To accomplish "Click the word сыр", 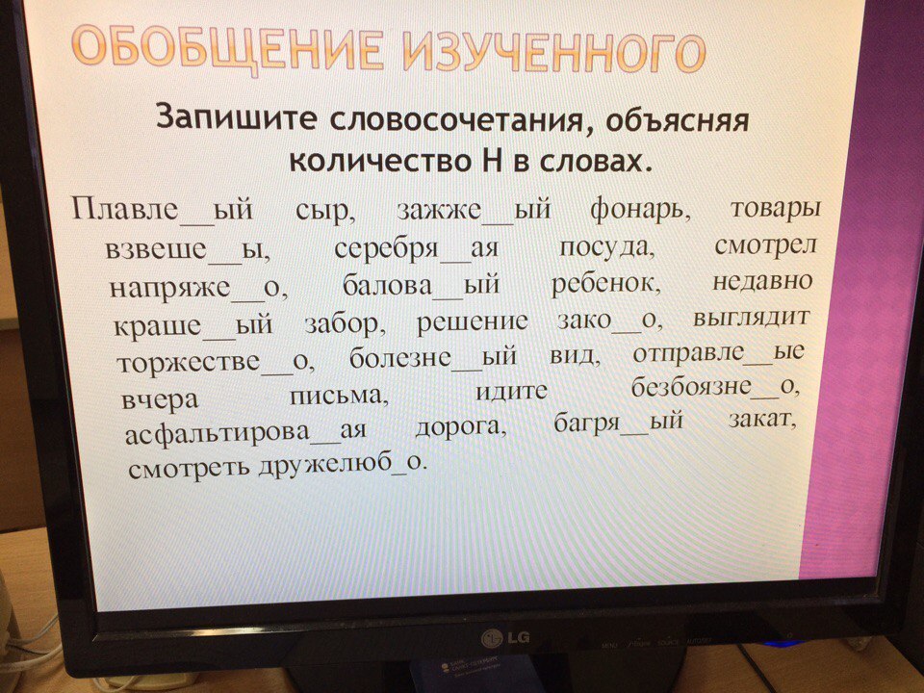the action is point(325,211).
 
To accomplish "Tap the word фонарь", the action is point(641,212).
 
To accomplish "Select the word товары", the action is point(775,209).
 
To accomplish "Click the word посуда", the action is point(606,248).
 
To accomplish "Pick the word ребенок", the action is point(606,284).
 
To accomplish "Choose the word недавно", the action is point(762,281).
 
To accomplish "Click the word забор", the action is point(346,324).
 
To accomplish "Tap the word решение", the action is point(472,322).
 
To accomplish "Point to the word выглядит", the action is point(751,319).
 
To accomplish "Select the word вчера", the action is point(160,399).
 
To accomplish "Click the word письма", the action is point(339,395).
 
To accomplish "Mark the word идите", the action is point(511,392).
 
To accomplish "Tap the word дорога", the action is point(461,427).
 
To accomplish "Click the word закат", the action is point(762,421).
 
